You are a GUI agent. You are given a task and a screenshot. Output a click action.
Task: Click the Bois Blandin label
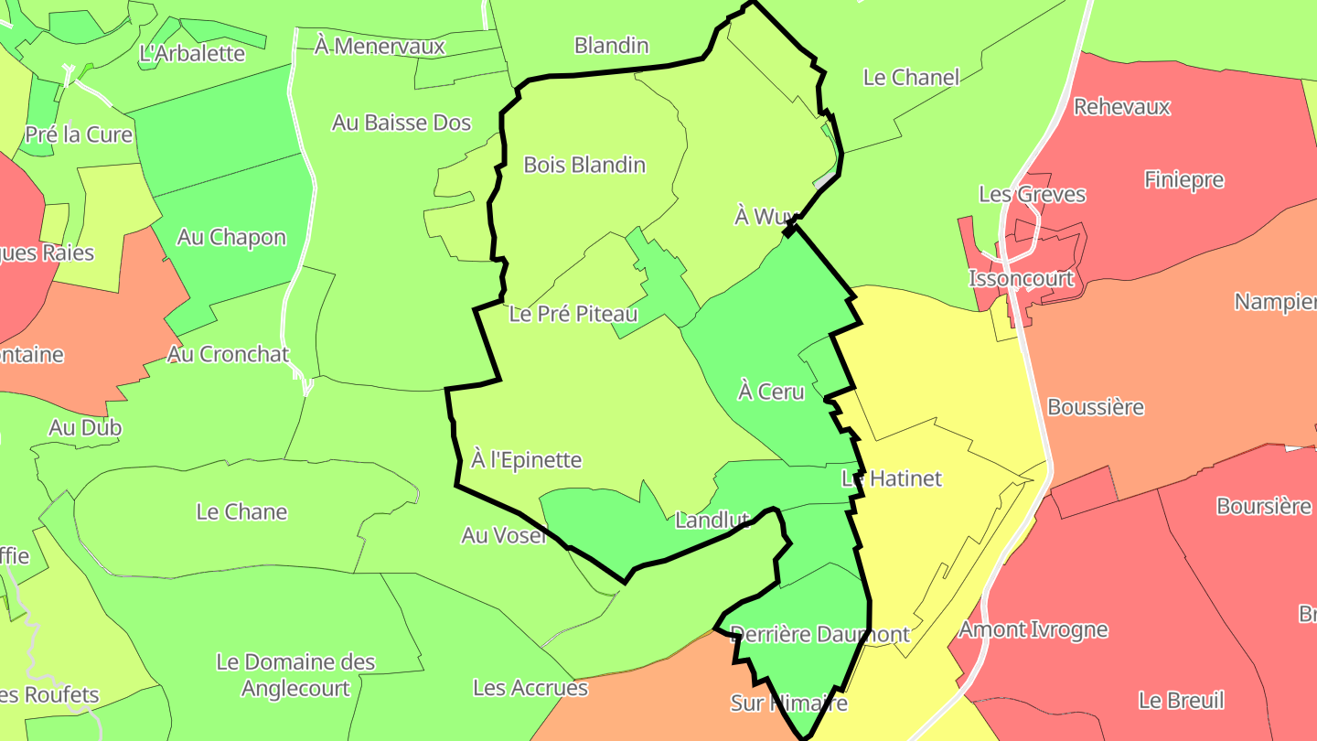[584, 165]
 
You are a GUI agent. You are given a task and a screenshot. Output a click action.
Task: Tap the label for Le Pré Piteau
[573, 314]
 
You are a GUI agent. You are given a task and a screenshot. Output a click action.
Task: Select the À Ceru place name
[771, 392]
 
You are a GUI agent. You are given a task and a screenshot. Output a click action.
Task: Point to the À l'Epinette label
[527, 459]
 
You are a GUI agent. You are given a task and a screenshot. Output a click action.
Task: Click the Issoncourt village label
[1022, 277]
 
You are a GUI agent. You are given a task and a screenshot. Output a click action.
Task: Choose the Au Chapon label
[231, 237]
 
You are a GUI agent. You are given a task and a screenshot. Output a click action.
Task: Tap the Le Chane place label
[241, 511]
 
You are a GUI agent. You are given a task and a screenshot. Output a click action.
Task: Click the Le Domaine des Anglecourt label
[295, 674]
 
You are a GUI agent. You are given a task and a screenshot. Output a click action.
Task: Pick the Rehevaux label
[1121, 106]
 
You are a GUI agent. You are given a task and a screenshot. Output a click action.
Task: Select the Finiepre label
[1183, 179]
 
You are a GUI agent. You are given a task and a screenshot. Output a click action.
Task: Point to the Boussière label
[1096, 406]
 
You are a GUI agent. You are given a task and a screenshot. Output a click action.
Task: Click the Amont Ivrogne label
[1033, 629]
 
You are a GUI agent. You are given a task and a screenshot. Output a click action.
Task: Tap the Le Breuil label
[1181, 701]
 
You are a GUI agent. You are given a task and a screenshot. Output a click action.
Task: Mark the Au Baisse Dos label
[402, 122]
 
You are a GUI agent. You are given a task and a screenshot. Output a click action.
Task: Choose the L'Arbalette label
[192, 53]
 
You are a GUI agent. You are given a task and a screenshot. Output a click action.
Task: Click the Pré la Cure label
[79, 134]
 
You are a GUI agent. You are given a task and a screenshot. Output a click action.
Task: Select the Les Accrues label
[530, 687]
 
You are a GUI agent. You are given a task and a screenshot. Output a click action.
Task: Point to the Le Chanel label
[911, 77]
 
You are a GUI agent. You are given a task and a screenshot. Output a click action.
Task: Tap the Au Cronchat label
[228, 354]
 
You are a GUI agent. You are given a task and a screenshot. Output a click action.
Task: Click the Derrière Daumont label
[820, 634]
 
